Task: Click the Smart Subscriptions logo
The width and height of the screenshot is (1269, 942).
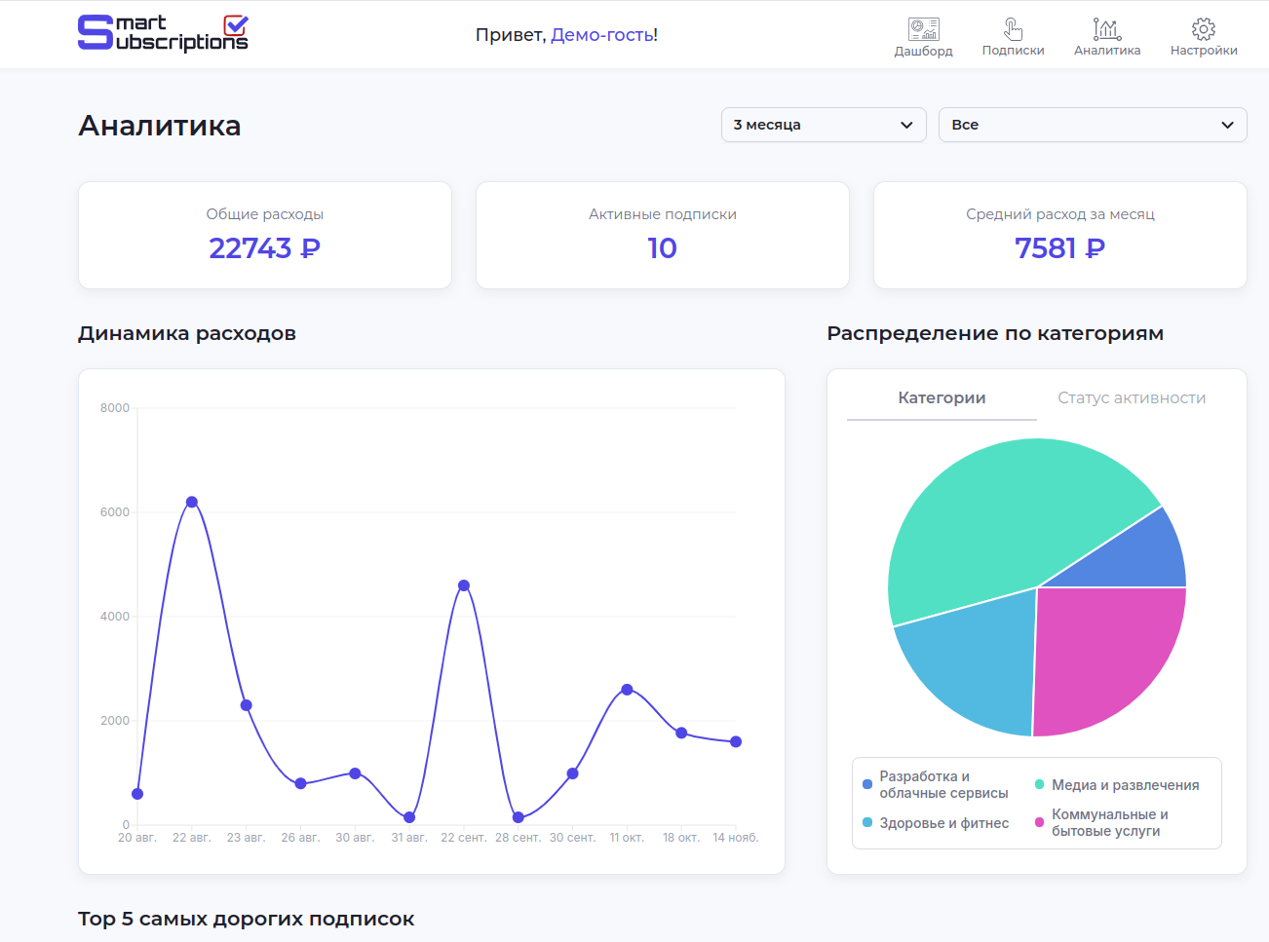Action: pyautogui.click(x=163, y=33)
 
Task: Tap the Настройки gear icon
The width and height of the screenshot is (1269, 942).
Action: pyautogui.click(x=1204, y=29)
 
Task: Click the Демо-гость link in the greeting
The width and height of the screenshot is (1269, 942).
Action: pyautogui.click(x=603, y=35)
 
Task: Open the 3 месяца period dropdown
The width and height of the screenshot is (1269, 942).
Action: pyautogui.click(x=824, y=125)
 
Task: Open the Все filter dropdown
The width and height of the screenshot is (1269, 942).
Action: pyautogui.click(x=1092, y=125)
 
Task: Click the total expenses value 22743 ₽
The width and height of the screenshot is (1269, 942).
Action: pyautogui.click(x=264, y=248)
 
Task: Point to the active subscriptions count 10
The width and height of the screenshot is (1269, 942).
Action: pyautogui.click(x=662, y=248)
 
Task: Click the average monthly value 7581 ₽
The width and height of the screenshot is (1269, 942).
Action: pyautogui.click(x=1059, y=248)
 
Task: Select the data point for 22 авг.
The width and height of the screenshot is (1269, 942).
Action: pyautogui.click(x=192, y=503)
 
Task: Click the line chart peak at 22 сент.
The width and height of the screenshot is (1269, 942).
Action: pyautogui.click(x=464, y=585)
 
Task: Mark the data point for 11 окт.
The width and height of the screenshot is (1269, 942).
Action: pyautogui.click(x=627, y=690)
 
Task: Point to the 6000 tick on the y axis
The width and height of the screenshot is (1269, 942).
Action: pyautogui.click(x=115, y=512)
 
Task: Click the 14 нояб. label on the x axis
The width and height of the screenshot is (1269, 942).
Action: pyautogui.click(x=735, y=838)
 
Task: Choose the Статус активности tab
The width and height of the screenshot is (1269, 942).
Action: pyautogui.click(x=1132, y=398)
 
